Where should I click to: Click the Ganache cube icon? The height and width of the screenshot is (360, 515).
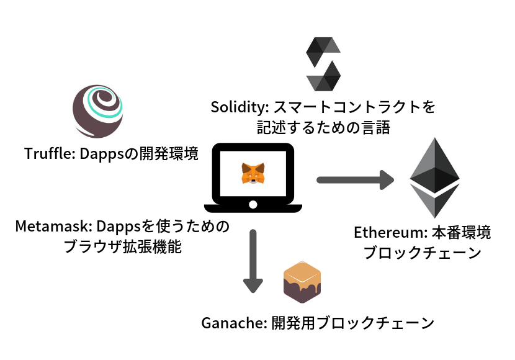[x=302, y=282]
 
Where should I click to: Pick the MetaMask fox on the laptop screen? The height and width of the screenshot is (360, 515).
[x=253, y=173]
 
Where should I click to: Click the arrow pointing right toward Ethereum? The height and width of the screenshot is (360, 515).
[x=355, y=180]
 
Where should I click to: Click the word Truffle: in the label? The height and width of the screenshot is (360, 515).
[x=50, y=154]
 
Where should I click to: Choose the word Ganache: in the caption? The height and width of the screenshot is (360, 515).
[x=234, y=323]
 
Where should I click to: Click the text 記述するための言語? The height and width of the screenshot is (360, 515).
[x=323, y=128]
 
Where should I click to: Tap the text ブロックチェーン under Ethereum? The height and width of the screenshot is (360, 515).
[x=422, y=253]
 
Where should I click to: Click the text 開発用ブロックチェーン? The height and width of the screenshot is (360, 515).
[x=352, y=323]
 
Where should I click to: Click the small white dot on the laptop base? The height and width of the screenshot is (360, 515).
[x=253, y=205]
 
